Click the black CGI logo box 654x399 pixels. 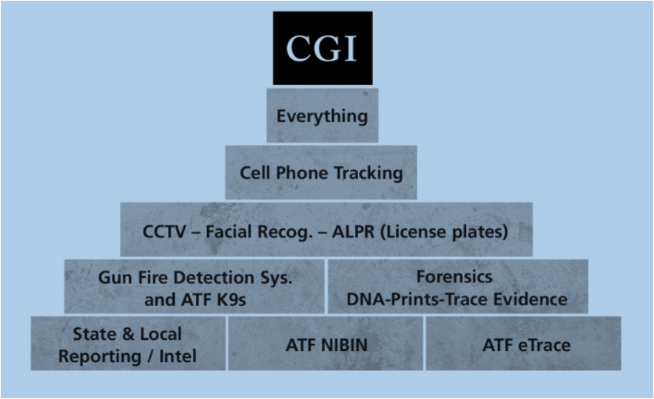pos(322,48)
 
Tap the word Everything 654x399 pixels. pos(322,116)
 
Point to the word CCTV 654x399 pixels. pos(161,231)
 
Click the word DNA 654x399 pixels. pos(364,299)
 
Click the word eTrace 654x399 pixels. pos(544,345)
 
